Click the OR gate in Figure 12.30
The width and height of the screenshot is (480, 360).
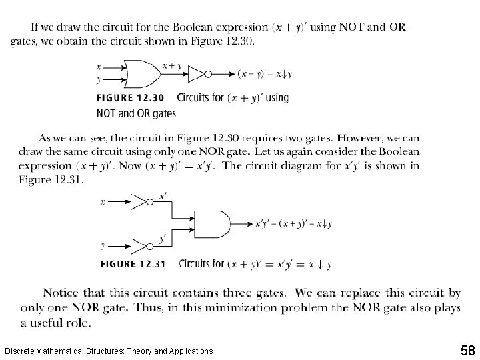point(143,74)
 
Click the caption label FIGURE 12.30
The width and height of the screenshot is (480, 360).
point(131,98)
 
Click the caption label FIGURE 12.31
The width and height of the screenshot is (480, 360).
point(133,264)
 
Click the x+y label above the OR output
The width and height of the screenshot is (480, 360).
point(172,66)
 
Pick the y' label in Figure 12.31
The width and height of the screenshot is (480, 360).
point(162,238)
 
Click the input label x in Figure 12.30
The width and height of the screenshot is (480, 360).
point(99,67)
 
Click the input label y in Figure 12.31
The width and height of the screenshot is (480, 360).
point(103,245)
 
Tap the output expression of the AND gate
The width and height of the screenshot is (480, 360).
point(294,224)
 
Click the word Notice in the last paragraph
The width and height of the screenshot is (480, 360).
point(61,293)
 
